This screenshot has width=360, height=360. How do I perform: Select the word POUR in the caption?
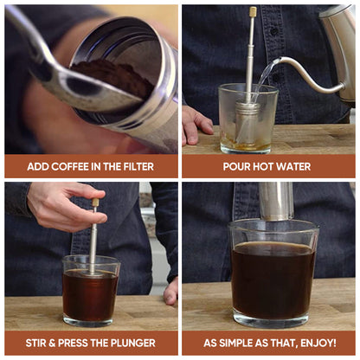tap(236, 166)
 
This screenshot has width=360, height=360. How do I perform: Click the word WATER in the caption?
tap(293, 166)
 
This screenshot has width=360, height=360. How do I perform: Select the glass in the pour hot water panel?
tap(247, 121)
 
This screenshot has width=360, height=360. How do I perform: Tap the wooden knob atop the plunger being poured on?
tap(253, 12)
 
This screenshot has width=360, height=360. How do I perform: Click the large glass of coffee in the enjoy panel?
tap(273, 273)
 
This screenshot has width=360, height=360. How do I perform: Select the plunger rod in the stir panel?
tap(93, 238)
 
